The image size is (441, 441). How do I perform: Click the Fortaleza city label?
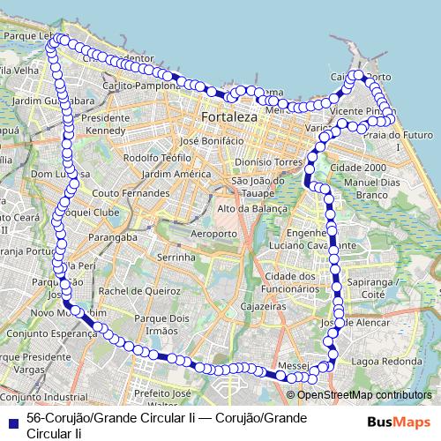(x=228, y=116)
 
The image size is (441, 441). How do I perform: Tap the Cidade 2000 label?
(x=358, y=168)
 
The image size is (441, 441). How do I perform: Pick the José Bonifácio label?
(x=211, y=141)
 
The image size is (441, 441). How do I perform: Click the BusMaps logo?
(x=398, y=421)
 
